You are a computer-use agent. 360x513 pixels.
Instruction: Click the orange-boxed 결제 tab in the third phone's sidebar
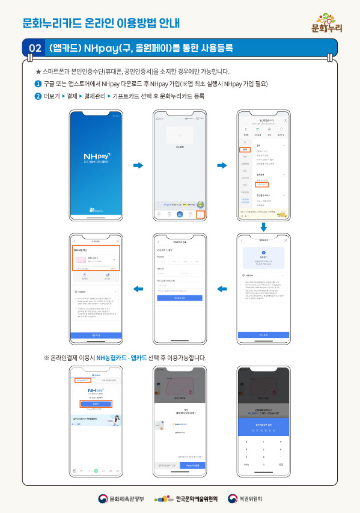pos(245,149)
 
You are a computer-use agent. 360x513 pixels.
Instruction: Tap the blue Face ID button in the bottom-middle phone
pos(194,465)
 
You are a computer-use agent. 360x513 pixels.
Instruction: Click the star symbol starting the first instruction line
pos(38,72)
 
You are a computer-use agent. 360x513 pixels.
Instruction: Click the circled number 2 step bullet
pos(38,96)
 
